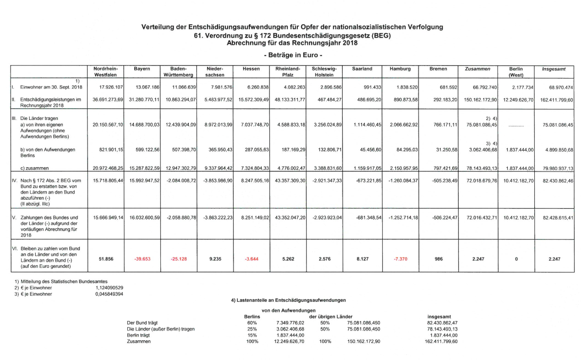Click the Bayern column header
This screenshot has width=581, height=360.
click(x=142, y=69)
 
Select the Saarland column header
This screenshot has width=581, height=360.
click(x=362, y=69)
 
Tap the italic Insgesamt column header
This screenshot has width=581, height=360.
click(x=554, y=69)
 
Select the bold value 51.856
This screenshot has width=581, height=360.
click(x=107, y=259)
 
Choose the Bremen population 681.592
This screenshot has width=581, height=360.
click(x=444, y=87)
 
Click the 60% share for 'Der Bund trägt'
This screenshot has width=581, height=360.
click(x=252, y=322)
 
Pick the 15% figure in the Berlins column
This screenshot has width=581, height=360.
click(x=252, y=335)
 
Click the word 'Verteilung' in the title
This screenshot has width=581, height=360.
click(x=159, y=27)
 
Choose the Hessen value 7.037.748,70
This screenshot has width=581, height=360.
click(x=253, y=124)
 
